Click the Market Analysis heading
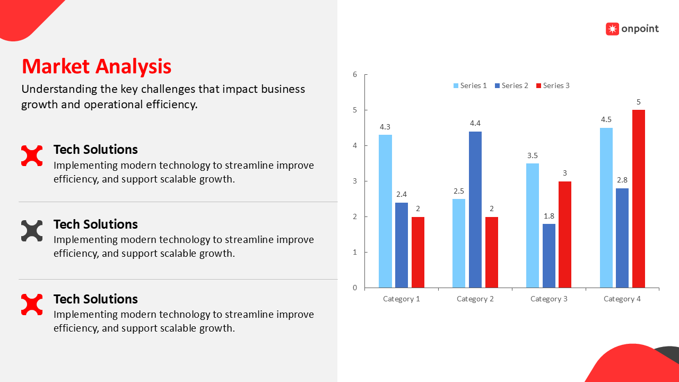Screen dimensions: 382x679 [97, 66]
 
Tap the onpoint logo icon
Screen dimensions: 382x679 [612, 29]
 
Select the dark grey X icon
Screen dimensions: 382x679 [32, 231]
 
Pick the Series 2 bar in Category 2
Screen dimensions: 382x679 [475, 210]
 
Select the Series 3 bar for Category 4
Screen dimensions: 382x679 [638, 198]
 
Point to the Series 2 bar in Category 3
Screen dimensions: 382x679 [549, 256]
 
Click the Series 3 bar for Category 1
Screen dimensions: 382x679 [418, 252]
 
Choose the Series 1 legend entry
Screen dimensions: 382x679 [469, 85]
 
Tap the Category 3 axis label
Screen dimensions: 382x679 [549, 299]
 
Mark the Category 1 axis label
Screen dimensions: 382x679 [401, 299]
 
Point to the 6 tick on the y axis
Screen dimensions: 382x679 [355, 74]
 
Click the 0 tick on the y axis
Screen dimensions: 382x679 [355, 288]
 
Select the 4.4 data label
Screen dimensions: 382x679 [475, 124]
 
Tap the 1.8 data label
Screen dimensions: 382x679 [549, 216]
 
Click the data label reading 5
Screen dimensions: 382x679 [638, 102]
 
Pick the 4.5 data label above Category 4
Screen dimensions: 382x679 [606, 119]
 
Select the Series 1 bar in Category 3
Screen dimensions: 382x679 [533, 225]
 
